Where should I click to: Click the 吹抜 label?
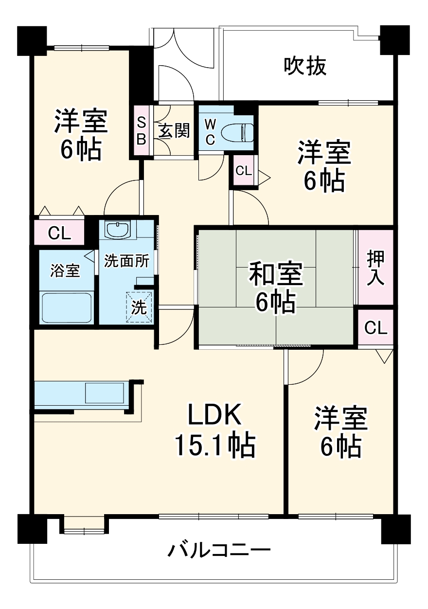[305, 67]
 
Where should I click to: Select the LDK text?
[214, 416]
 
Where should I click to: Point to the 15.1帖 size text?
[214, 445]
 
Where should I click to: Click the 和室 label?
[276, 274]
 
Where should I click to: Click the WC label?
[210, 130]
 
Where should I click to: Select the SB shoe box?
[141, 130]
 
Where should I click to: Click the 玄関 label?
[173, 130]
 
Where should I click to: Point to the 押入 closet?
[375, 267]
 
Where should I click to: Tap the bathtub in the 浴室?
[66, 307]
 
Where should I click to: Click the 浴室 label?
[65, 270]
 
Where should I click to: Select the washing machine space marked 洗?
[139, 307]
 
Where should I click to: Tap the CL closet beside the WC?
[244, 171]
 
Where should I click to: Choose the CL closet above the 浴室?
[59, 234]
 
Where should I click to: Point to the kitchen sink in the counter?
[105, 392]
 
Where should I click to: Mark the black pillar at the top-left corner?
[32, 40]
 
